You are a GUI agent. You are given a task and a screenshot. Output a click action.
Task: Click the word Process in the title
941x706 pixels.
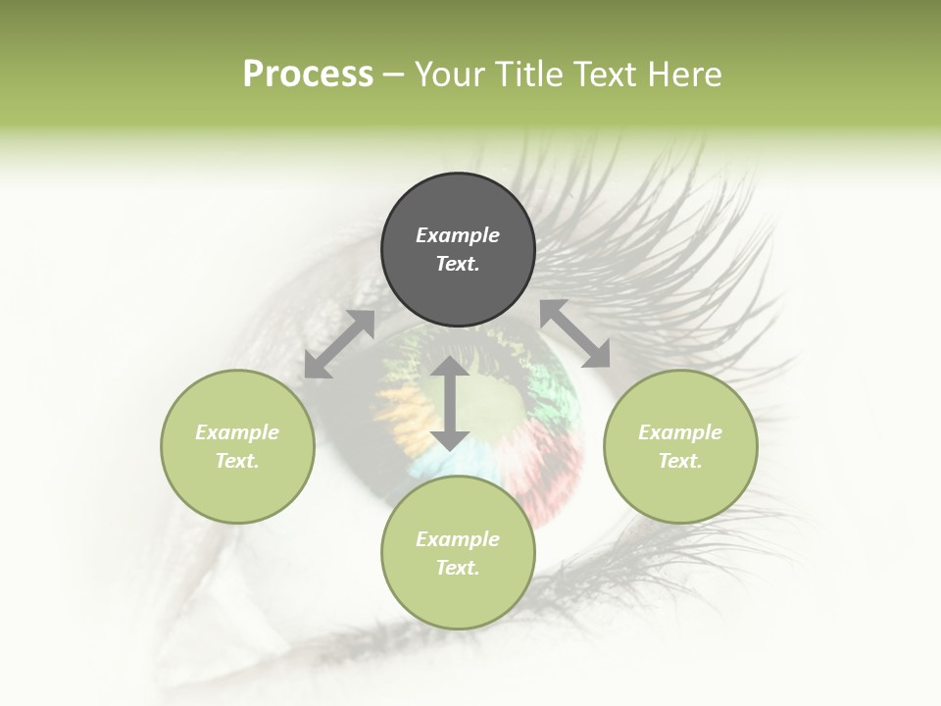(x=308, y=75)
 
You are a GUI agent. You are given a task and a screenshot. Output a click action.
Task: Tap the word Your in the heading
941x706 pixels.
(x=449, y=75)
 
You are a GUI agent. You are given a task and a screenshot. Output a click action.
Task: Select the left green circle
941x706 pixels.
(x=237, y=480)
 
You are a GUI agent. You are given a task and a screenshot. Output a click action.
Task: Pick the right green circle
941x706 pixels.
(x=680, y=480)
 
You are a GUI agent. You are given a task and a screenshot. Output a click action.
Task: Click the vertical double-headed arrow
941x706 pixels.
(x=450, y=403)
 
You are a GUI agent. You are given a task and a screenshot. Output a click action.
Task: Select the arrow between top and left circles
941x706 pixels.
(x=339, y=344)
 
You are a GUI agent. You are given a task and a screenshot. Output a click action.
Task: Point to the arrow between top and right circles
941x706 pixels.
(x=575, y=333)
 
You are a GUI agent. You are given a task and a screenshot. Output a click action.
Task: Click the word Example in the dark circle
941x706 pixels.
(x=458, y=235)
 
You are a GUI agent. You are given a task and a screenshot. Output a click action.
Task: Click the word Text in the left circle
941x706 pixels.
(x=237, y=461)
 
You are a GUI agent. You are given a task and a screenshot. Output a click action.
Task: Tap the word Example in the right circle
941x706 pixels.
(x=680, y=432)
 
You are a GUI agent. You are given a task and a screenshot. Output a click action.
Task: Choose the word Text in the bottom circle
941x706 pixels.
(x=458, y=568)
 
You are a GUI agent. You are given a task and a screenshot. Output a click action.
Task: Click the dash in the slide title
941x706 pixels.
(x=394, y=75)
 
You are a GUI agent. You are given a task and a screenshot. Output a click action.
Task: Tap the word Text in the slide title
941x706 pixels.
(x=602, y=75)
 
